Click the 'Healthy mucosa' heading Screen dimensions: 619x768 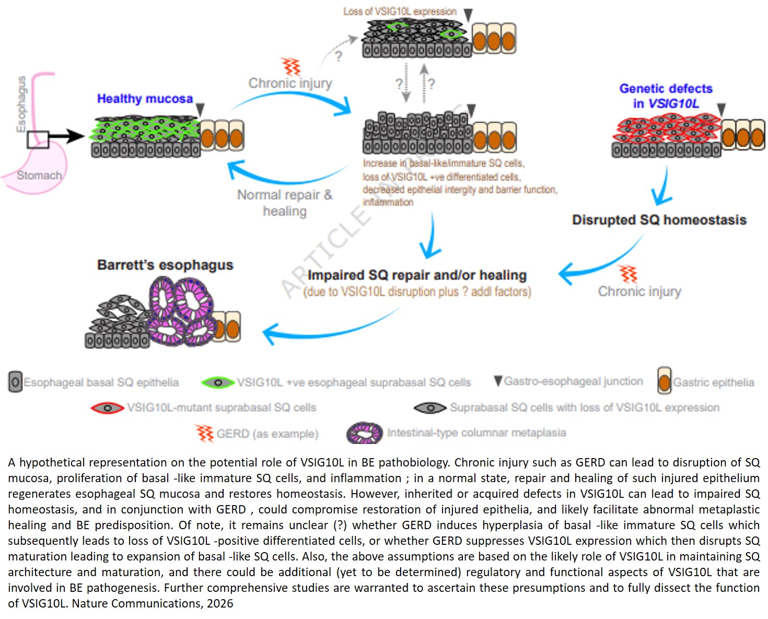click(x=145, y=99)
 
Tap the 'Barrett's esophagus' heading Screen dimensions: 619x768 click(x=165, y=265)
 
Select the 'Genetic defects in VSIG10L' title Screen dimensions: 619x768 click(x=666, y=96)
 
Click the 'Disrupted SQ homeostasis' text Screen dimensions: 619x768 click(x=659, y=220)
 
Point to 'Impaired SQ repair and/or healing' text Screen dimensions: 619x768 click(x=417, y=275)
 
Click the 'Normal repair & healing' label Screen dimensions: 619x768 click(x=285, y=203)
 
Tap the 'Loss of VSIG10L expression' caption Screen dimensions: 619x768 click(x=400, y=11)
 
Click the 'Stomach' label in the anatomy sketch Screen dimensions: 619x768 click(x=39, y=176)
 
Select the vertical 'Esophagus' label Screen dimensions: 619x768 click(x=21, y=104)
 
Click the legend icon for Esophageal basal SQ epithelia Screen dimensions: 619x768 click(x=15, y=382)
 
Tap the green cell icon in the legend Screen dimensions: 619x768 click(x=217, y=383)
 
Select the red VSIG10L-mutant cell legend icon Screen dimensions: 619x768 click(x=107, y=408)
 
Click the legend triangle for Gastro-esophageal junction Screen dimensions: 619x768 click(x=498, y=381)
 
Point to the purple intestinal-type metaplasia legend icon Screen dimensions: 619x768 click(x=365, y=433)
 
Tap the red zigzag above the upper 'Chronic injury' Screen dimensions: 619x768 click(x=292, y=66)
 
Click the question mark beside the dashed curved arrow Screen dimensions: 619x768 click(x=338, y=56)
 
